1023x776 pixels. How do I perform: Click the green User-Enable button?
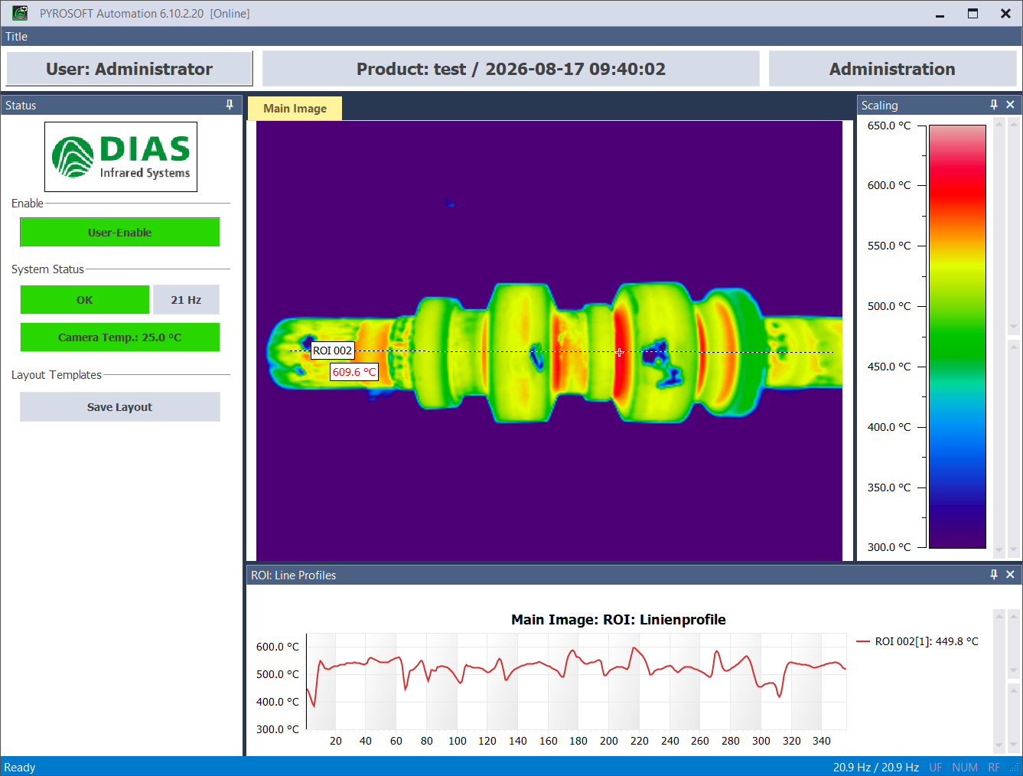point(120,232)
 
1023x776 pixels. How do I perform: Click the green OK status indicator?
point(84,300)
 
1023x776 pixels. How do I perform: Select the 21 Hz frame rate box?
point(186,300)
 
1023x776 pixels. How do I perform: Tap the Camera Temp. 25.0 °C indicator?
point(120,337)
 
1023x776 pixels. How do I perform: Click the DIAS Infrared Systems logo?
point(121,157)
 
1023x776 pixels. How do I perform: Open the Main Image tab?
point(295,109)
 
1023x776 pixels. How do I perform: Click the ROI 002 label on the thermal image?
point(332,351)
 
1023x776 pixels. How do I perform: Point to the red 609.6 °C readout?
point(354,372)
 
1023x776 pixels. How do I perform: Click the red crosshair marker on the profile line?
point(620,352)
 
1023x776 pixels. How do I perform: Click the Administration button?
point(892,69)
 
